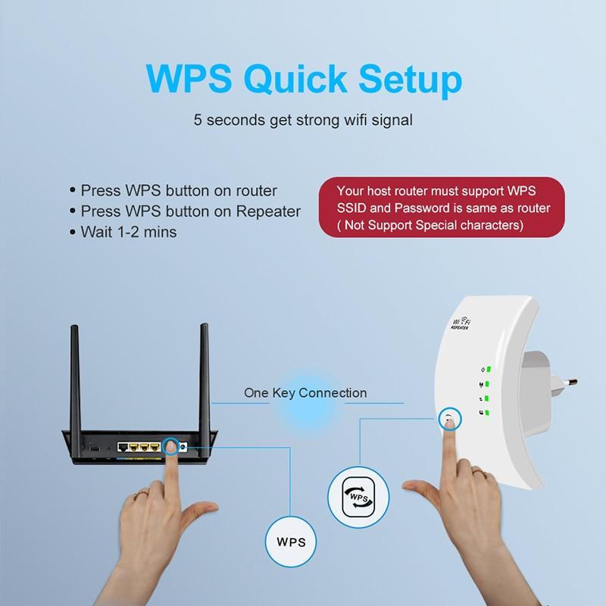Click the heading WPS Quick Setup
pos(302,80)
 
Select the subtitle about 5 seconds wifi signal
pos(302,120)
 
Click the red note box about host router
pos(442,208)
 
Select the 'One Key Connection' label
pos(305,392)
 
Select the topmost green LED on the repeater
pos(489,370)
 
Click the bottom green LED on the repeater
pos(489,413)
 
